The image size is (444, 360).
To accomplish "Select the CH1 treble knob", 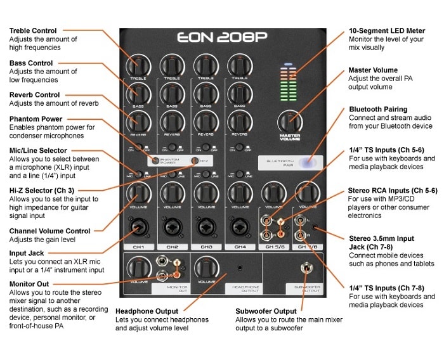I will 138,65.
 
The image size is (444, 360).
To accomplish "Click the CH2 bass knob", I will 172,93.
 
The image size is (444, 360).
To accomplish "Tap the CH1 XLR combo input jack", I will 139,226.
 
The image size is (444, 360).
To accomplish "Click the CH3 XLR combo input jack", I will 206,226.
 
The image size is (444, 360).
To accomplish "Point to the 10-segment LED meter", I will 288,82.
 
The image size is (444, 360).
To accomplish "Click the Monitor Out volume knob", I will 138,267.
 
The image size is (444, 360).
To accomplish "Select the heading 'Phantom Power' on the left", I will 36,119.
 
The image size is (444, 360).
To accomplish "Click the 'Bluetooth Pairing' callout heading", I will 378,109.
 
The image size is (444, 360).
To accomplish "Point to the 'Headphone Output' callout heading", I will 147,311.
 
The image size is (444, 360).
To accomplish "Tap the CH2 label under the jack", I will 172,247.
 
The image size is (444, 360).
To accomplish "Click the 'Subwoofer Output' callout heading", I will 266,311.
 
